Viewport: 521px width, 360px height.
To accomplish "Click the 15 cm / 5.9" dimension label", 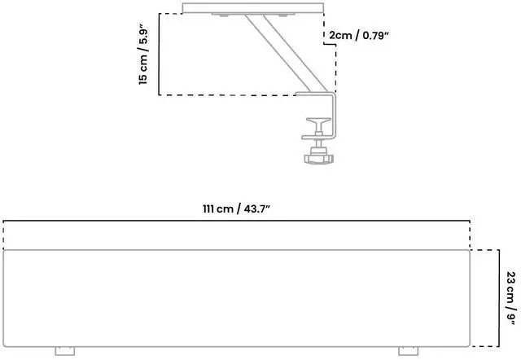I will [143, 55].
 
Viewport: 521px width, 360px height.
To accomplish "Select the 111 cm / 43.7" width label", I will [236, 209].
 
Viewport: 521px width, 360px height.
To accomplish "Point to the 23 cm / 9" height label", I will [510, 298].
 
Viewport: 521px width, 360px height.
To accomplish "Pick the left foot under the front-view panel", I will [63, 351].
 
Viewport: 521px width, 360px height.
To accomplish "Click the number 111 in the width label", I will [211, 209].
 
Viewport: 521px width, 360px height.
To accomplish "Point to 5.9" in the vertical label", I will [143, 35].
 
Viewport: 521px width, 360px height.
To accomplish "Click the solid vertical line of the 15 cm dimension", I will [157, 55].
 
